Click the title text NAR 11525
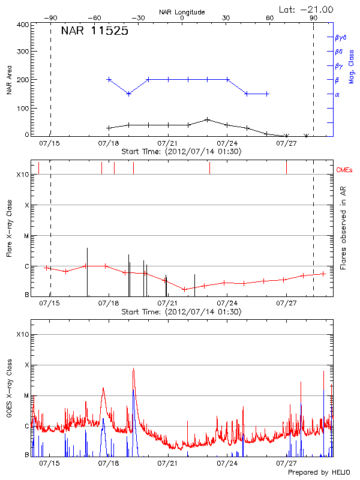tap(94, 32)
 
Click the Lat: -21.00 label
tap(307, 9)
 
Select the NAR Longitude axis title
tap(182, 12)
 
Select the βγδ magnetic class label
tap(340, 37)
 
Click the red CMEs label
tap(345, 170)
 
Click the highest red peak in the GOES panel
tap(133, 368)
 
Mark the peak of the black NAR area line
tap(208, 119)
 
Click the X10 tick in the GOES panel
tap(22, 334)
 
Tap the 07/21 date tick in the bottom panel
tap(167, 463)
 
